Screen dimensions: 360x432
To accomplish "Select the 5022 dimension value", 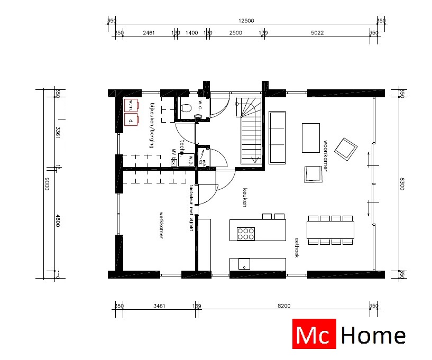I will (317, 33).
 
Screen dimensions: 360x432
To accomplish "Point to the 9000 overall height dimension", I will (47, 184).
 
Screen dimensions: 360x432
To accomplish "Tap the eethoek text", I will (297, 247).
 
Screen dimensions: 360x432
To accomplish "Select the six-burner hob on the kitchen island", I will (246, 233).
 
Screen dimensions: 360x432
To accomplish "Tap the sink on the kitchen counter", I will (244, 264).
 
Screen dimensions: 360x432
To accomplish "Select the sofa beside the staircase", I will (277, 136).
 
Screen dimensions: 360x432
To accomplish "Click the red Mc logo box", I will (314, 335).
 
